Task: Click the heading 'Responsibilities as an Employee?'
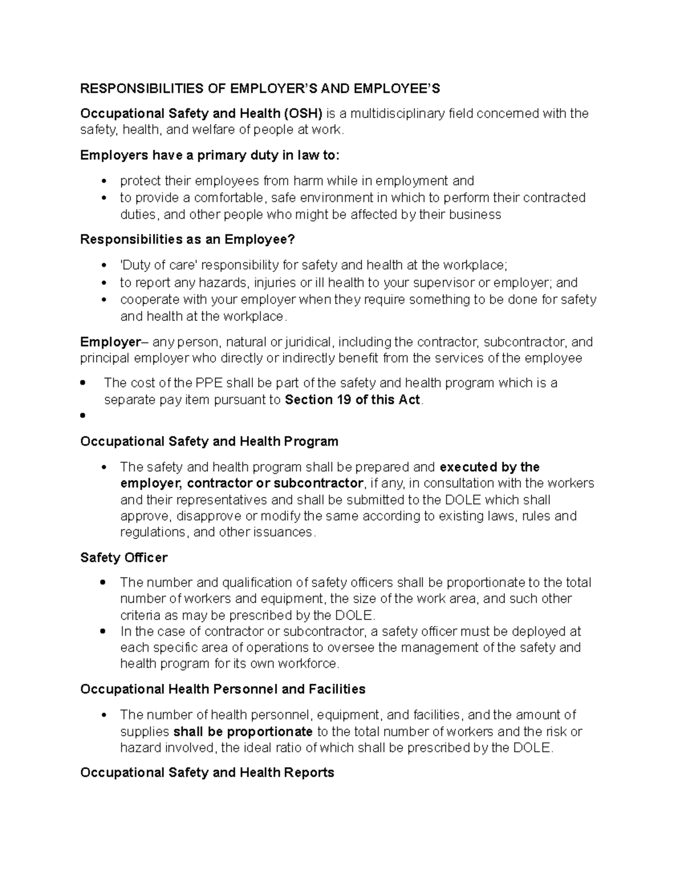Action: (188, 240)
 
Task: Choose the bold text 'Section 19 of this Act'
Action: (352, 400)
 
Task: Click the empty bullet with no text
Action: (83, 416)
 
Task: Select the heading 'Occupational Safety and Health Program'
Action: (209, 441)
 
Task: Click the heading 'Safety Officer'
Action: (124, 558)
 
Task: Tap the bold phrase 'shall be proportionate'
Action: (243, 731)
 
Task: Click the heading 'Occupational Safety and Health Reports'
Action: (207, 773)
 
